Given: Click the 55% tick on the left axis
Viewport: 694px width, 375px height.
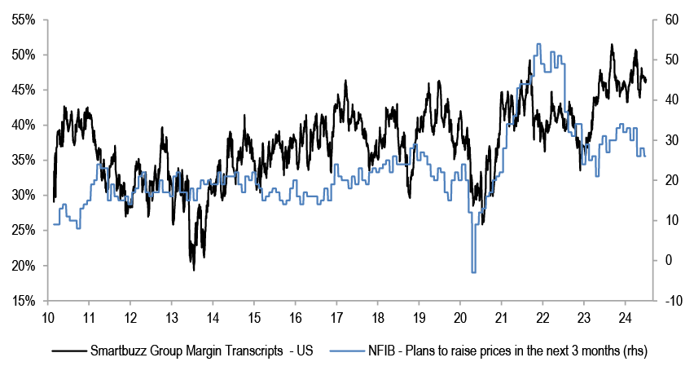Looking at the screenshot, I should [x=24, y=20].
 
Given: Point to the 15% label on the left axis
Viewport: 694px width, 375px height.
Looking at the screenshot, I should [x=24, y=301].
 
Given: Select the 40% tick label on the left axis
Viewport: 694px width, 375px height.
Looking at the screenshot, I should [x=24, y=125].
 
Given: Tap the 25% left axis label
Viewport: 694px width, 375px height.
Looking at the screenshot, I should [x=24, y=231].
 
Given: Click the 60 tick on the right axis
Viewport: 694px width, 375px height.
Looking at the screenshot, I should [x=665, y=20].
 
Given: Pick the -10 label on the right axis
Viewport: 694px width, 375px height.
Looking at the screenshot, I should [x=667, y=301].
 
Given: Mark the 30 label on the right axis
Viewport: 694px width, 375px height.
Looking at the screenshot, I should [x=665, y=140].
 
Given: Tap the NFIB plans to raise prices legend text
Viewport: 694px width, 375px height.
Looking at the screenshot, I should [x=489, y=351].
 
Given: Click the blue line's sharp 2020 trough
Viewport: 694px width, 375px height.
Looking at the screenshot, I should [x=473, y=271].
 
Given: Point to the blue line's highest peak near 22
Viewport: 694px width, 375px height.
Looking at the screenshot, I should [x=538, y=45].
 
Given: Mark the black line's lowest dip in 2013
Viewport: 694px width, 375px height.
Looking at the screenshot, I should [x=194, y=269].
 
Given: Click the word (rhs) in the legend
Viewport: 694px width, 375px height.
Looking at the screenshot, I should [x=628, y=351].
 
